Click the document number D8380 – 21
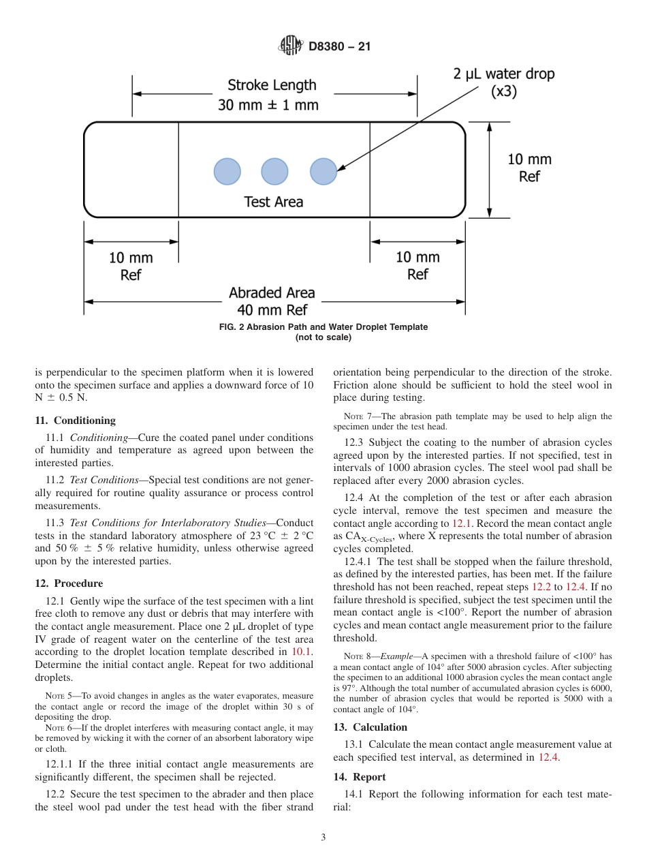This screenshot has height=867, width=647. tap(339, 47)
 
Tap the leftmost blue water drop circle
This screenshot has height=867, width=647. tap(227, 172)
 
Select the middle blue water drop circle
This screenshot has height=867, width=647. tap(274, 172)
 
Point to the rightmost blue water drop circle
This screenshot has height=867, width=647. tap(323, 172)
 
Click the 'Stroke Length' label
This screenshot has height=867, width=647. tap(272, 85)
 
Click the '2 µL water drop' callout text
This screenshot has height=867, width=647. tap(504, 74)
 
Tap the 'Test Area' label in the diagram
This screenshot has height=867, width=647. tap(274, 202)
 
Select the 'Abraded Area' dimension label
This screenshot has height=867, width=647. tap(272, 293)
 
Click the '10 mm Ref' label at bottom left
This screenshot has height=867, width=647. tap(131, 267)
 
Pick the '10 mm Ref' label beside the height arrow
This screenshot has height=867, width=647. tap(529, 168)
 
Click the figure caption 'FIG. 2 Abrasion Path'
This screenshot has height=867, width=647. tap(323, 327)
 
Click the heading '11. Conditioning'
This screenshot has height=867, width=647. tap(76, 421)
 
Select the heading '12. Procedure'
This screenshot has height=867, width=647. tap(69, 583)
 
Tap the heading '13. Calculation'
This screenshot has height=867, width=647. tap(370, 727)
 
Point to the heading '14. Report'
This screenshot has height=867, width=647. tap(360, 777)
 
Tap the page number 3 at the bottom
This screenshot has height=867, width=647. tap(323, 838)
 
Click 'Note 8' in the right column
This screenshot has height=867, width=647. tap(358, 656)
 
